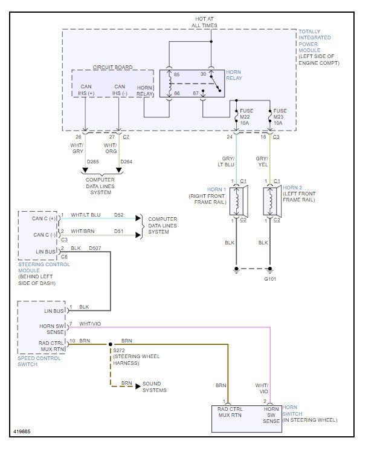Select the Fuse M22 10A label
coord(246,117)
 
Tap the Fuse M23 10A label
coord(280,117)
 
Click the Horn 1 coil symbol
coord(237,201)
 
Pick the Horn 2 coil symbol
coord(270,201)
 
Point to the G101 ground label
coord(270,279)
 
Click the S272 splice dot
coord(111,344)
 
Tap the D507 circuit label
coord(95,248)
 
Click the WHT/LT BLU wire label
coord(86,215)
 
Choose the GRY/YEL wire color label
coord(262,162)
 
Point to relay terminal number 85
coord(176,74)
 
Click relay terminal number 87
coord(196,93)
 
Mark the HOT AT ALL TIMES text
coord(204,22)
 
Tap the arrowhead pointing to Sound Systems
coord(138,387)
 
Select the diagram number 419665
coord(22,431)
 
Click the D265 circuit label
coord(92,162)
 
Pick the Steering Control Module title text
coord(44,267)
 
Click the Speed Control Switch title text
coord(39,361)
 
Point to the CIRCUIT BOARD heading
coord(112,67)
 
